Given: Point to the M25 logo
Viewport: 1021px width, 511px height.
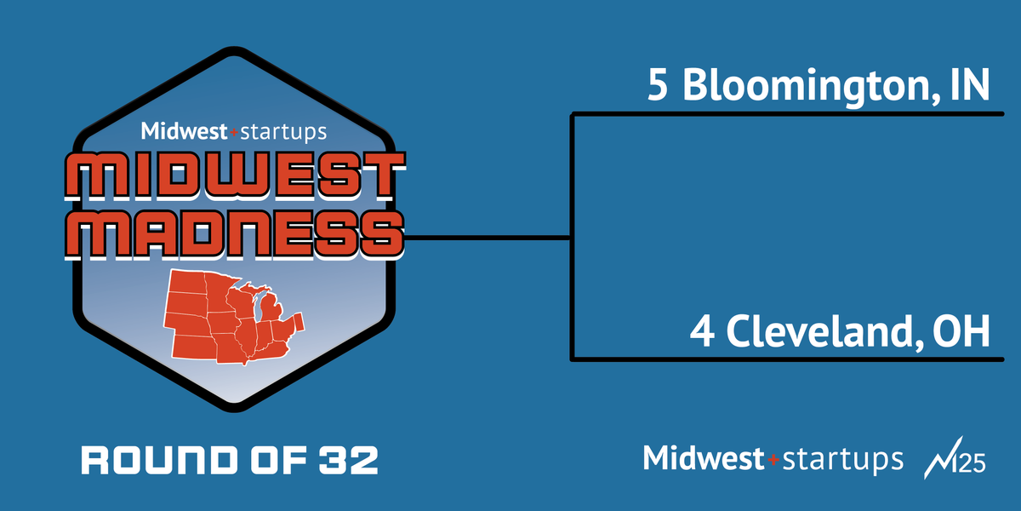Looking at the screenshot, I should [x=954, y=459].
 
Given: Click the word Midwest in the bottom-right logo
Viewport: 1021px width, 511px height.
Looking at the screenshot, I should [x=704, y=458].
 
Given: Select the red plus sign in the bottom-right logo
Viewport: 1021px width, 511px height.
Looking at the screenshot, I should [x=773, y=460].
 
